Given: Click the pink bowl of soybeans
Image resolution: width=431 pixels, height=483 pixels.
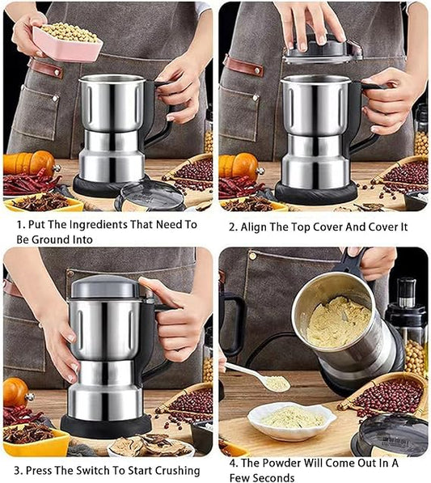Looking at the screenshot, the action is (67, 42).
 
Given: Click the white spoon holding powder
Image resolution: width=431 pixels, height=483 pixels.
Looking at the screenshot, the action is (258, 376).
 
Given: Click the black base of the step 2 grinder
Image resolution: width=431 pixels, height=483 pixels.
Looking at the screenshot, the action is (316, 194).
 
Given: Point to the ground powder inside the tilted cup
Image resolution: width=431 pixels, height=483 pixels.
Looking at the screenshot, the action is (338, 321).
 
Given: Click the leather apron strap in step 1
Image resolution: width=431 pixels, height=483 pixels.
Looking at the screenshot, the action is (45, 68).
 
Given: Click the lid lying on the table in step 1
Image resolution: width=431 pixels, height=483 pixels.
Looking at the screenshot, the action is (150, 197).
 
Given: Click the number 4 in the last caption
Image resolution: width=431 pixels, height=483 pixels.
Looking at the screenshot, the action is (233, 463).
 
